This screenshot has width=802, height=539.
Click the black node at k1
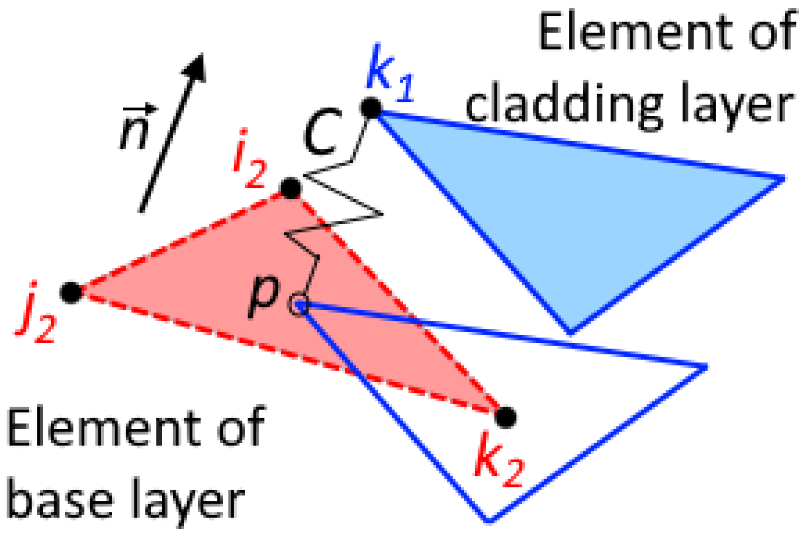(371, 108)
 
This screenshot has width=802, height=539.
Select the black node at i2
(291, 188)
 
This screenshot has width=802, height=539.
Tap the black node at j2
(71, 293)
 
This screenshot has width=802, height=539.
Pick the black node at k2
(506, 416)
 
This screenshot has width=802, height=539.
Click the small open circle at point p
(298, 306)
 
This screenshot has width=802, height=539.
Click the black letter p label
(264, 296)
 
